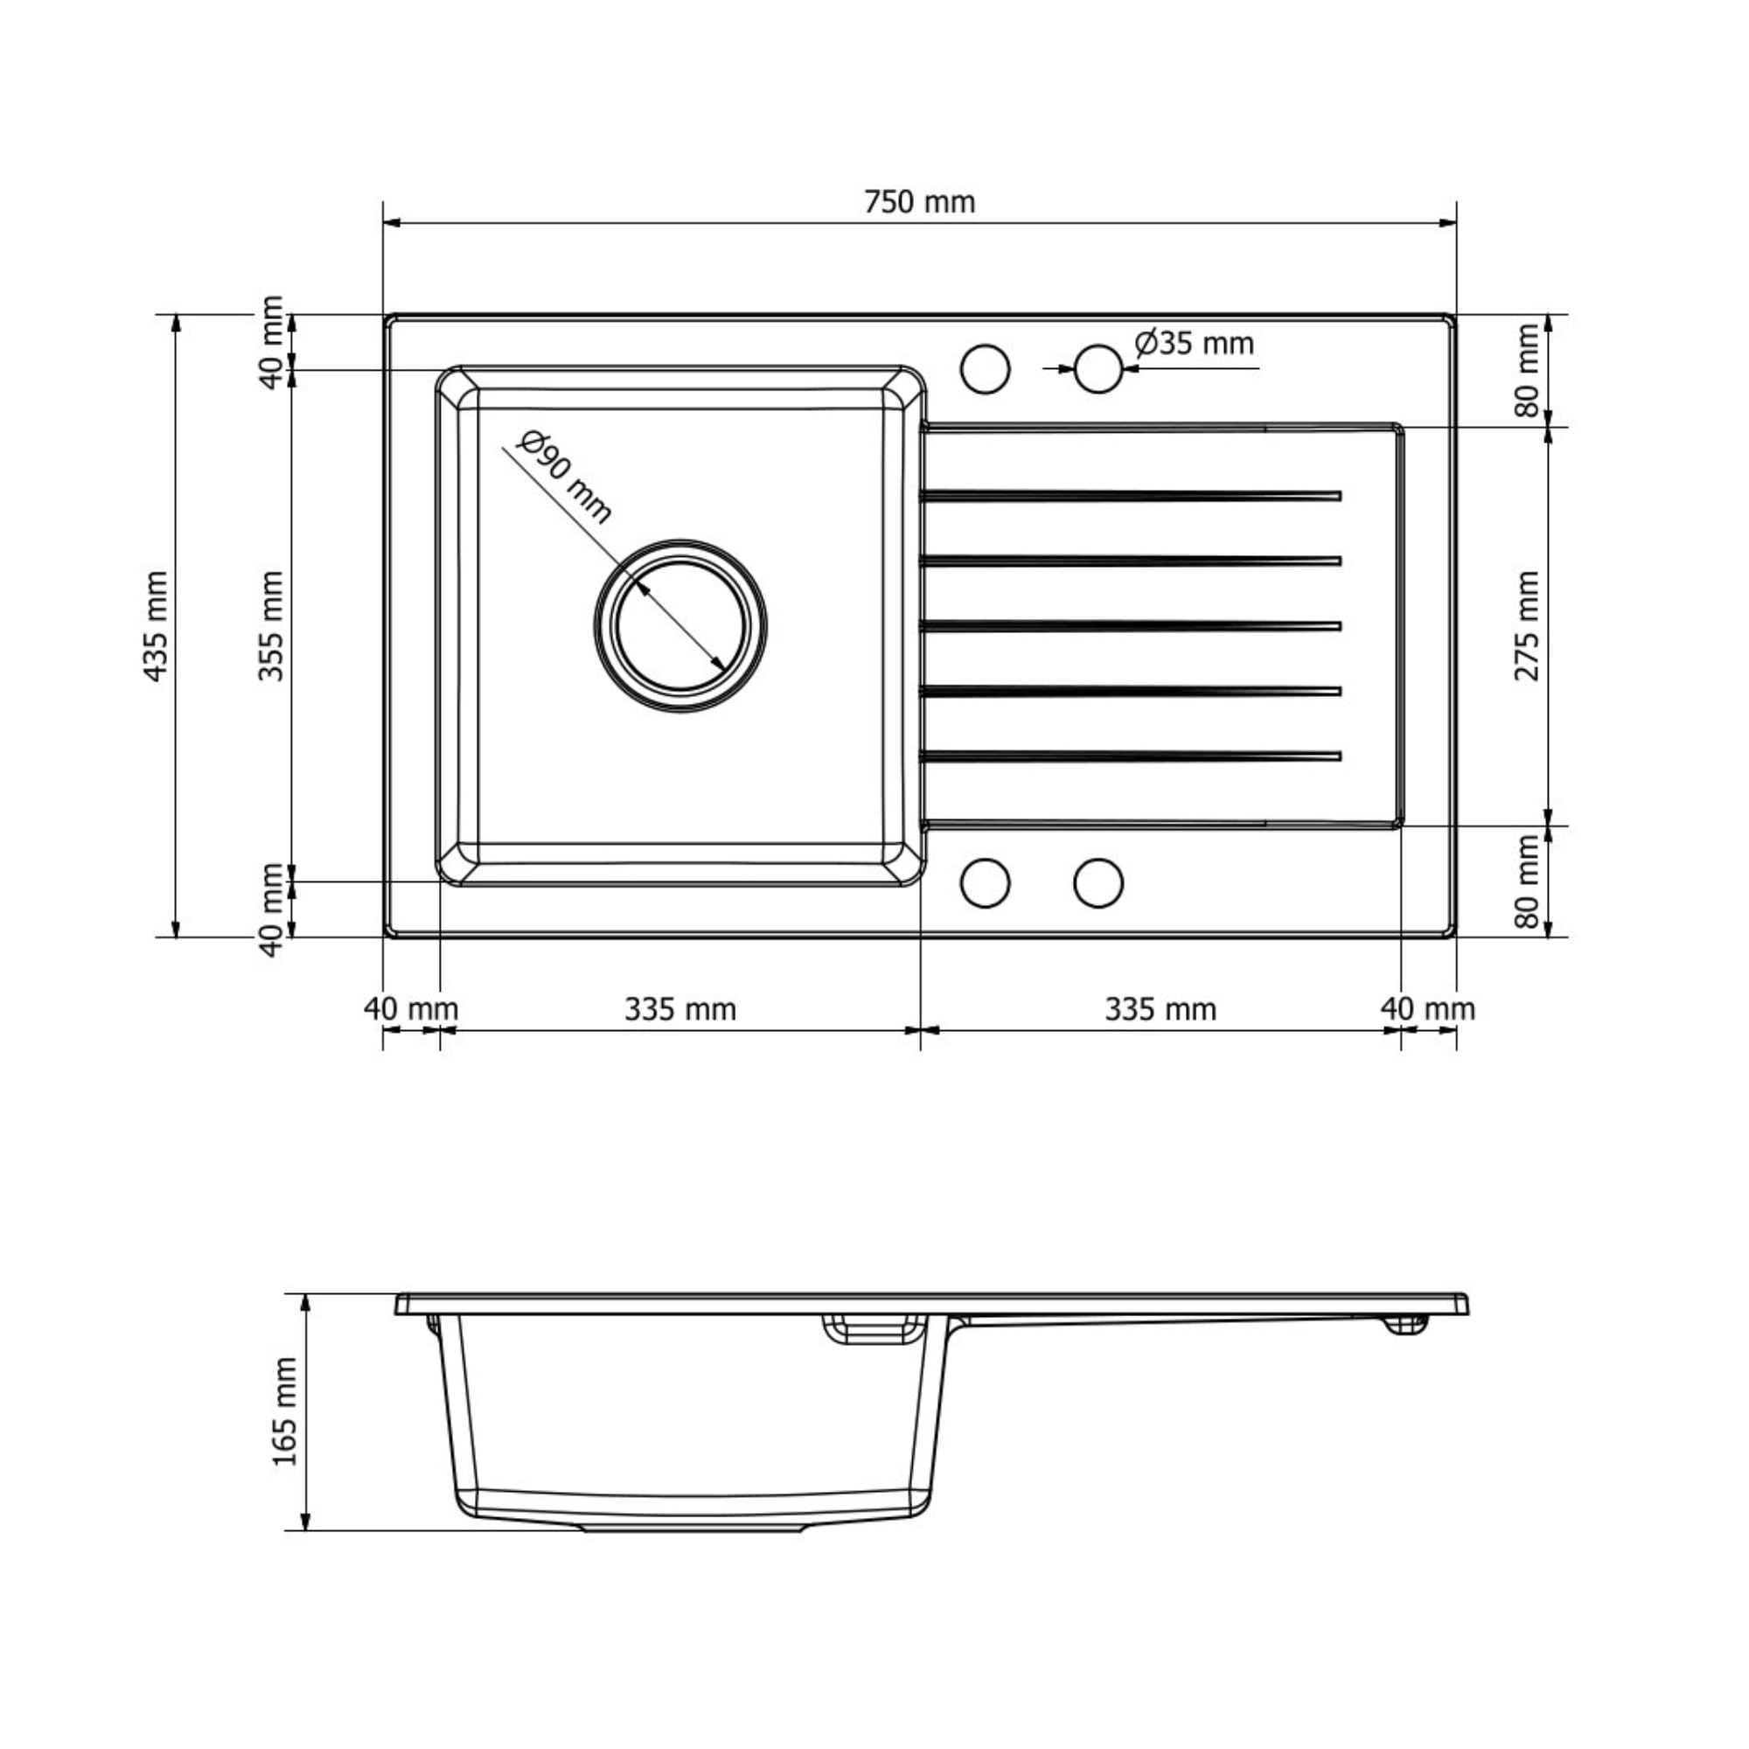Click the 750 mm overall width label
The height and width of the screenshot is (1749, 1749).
(x=919, y=202)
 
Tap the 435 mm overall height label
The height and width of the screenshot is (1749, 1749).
(x=156, y=625)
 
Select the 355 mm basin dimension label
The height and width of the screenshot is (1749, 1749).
(x=271, y=625)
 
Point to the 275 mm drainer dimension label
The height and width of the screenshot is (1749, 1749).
(x=1526, y=625)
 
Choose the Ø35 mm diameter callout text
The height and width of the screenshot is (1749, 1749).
(x=1194, y=344)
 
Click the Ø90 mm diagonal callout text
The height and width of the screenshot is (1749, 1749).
(x=565, y=477)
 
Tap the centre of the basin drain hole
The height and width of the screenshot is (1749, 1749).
(x=680, y=625)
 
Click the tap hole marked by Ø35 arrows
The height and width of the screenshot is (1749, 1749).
(x=1098, y=368)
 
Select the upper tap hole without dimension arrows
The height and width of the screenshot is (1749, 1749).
(x=985, y=368)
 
